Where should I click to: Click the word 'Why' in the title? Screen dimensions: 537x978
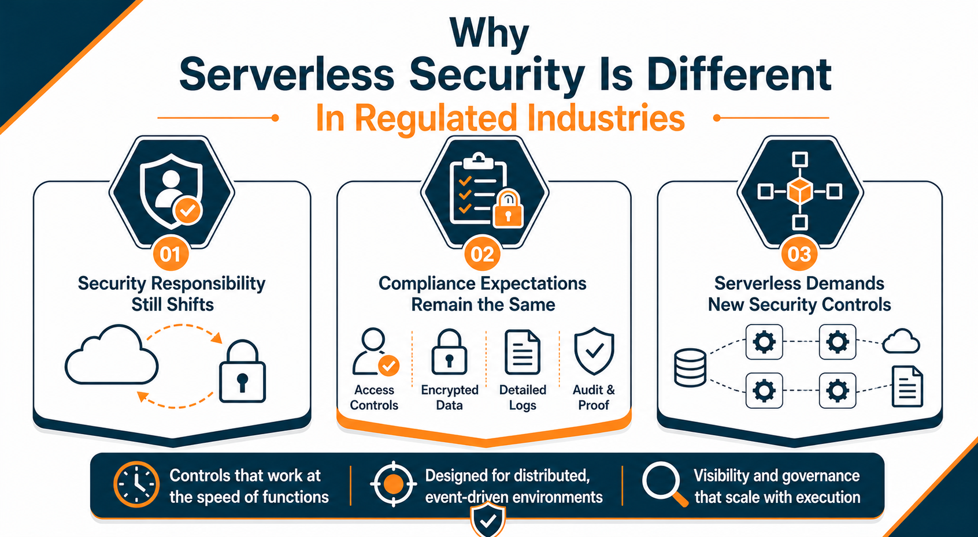pos(489,33)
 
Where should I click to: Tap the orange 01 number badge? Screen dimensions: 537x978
pos(171,254)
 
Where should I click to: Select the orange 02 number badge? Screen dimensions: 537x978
pos(482,254)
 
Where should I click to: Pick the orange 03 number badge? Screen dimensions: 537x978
pos(799,254)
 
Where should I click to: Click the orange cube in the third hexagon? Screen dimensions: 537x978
pos(800,191)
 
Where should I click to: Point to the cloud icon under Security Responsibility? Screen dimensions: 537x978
pos(112,356)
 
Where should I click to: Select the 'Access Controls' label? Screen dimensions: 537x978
pos(374,398)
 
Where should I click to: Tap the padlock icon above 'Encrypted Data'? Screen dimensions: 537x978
pos(449,352)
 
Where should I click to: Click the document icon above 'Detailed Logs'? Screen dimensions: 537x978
pos(523,352)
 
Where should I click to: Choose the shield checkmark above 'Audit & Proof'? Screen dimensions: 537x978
pos(594,351)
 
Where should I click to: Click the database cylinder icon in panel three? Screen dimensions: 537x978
pos(690,368)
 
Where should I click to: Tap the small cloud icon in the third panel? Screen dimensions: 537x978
pos(901,342)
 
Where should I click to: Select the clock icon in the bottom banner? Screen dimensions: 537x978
pos(136,484)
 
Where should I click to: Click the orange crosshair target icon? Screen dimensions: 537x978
pos(393,484)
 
